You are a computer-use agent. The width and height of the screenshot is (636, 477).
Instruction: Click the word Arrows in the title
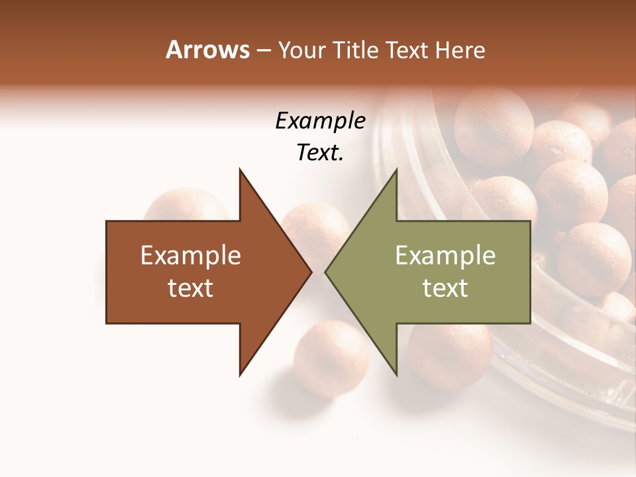click(207, 50)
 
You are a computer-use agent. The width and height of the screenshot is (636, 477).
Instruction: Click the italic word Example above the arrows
click(320, 121)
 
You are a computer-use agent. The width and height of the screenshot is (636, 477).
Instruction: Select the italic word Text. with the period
click(320, 152)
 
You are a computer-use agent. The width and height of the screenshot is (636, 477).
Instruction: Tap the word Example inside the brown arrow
click(191, 255)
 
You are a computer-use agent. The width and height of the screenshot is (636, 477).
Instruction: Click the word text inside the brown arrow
click(191, 288)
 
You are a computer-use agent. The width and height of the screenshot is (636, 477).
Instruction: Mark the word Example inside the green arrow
click(445, 255)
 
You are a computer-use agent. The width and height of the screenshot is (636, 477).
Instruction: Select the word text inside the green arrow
click(445, 288)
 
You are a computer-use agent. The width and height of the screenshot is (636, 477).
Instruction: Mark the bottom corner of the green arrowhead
click(396, 374)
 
